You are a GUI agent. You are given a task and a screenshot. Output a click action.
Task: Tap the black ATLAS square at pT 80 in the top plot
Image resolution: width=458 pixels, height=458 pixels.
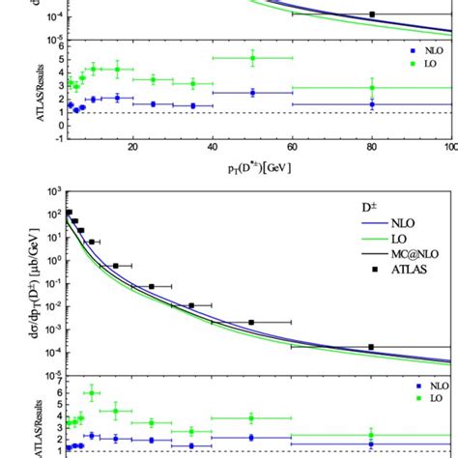click(372, 14)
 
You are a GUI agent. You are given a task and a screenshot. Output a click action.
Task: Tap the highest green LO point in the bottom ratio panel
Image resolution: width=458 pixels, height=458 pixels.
click(93, 393)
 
